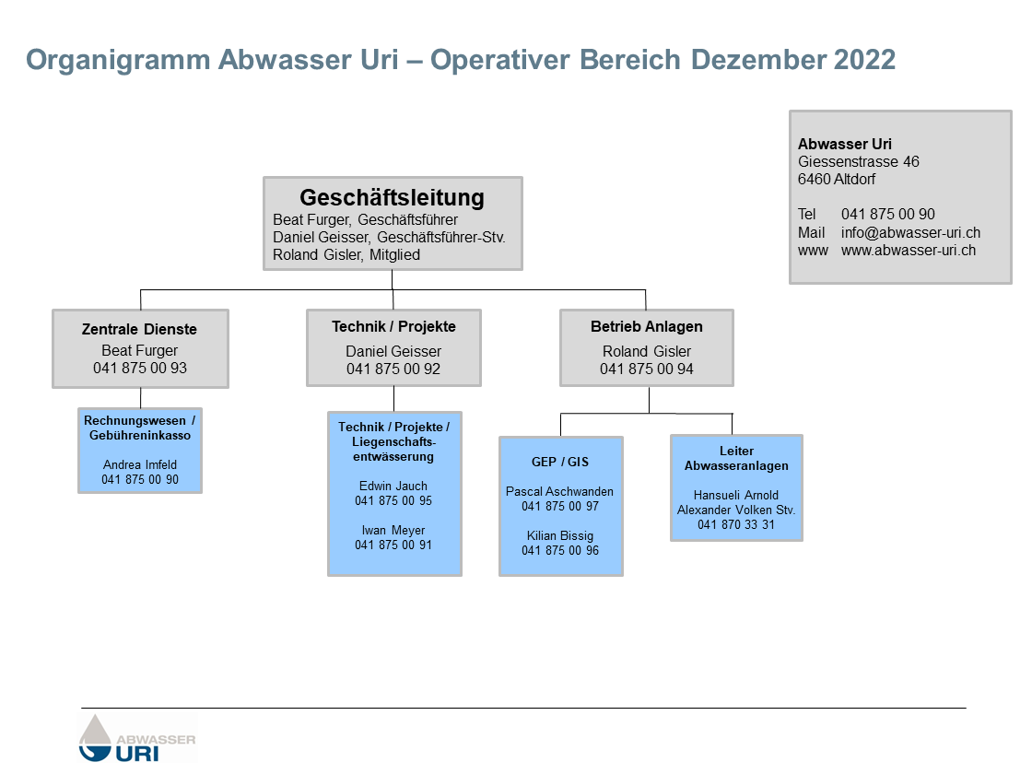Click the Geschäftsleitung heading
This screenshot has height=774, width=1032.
[x=393, y=197]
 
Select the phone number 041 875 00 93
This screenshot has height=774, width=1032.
[x=140, y=369]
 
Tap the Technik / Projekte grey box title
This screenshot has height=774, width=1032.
[x=393, y=326]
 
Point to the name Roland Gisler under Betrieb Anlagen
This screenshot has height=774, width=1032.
[x=647, y=351]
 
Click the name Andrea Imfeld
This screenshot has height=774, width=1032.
[x=140, y=464]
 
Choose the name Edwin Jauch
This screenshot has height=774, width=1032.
[x=393, y=486]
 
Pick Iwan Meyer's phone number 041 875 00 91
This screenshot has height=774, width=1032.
[x=393, y=545]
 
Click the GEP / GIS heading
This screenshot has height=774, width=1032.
[x=560, y=462]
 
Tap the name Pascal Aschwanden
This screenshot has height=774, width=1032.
[x=560, y=491]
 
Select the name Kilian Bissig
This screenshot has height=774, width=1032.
[x=560, y=535]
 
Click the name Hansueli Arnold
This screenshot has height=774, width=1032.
[x=736, y=495]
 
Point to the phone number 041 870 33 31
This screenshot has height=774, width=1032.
[x=736, y=524]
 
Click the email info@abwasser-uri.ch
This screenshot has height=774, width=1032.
[x=910, y=232]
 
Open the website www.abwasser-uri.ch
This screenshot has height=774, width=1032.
[x=909, y=250]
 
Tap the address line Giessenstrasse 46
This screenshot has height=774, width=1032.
[x=859, y=162]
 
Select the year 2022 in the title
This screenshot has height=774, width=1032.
[x=865, y=60]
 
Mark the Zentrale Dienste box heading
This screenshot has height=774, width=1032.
[x=139, y=329]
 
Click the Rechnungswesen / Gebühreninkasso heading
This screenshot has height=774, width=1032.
[x=140, y=428]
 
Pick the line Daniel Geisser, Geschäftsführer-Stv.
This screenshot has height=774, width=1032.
[x=389, y=237]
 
